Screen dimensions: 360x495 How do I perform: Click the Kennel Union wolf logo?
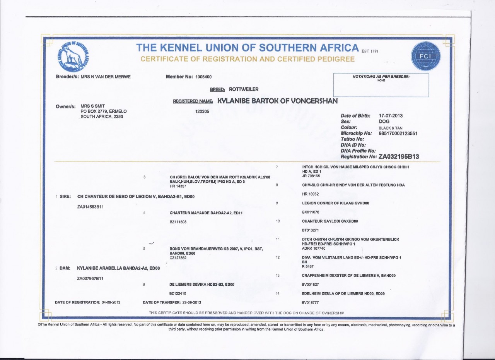coord(72,56)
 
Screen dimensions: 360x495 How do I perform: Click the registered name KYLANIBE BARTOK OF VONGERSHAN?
coord(278,101)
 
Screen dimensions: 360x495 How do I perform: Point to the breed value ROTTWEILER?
coord(244,89)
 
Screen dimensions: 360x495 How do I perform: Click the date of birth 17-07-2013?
coord(391,116)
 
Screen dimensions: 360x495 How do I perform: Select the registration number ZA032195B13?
coord(399,156)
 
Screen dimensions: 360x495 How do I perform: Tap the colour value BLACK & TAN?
coord(393,127)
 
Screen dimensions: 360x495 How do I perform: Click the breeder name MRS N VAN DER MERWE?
coord(106,77)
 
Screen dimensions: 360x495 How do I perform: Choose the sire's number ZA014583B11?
coord(90,206)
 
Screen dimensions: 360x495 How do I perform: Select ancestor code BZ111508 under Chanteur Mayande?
coord(179,222)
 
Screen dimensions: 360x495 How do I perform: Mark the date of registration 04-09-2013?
coord(111,302)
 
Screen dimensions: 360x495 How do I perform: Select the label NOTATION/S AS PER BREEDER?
coord(381,77)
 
